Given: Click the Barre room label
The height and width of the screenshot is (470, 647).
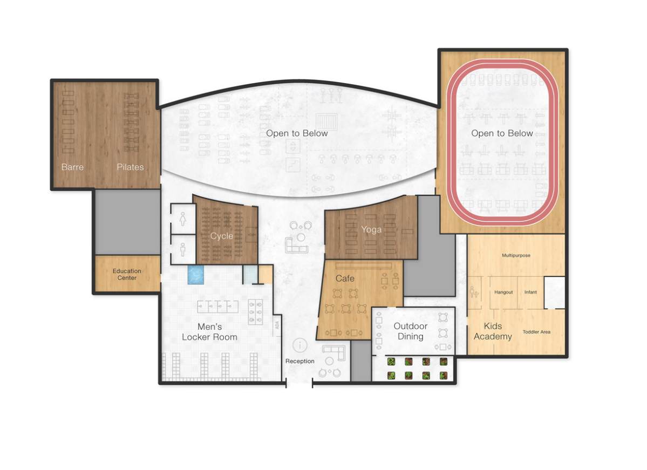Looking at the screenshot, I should click(x=72, y=167).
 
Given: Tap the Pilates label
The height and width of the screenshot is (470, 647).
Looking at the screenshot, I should click(x=130, y=167).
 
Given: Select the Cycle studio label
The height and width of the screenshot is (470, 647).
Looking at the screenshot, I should click(x=222, y=236).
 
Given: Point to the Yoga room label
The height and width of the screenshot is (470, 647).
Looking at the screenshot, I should click(x=371, y=230).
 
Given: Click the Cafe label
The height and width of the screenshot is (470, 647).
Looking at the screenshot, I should click(x=345, y=278).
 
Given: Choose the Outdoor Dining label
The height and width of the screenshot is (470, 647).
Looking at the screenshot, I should click(x=410, y=331).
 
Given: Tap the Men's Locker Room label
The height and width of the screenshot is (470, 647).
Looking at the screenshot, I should click(x=209, y=332).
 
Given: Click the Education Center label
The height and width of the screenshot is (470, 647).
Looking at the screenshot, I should click(x=127, y=275).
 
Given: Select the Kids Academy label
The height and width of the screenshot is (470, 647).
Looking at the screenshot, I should click(x=493, y=331).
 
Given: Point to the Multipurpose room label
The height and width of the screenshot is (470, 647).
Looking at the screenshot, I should click(x=516, y=255).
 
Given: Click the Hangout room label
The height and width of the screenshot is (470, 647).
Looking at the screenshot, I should click(x=503, y=292).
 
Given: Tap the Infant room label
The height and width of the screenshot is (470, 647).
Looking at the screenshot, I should click(x=530, y=292).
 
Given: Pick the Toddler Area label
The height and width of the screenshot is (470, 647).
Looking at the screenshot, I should click(x=536, y=332).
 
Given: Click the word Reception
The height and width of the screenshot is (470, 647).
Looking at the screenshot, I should click(x=300, y=361).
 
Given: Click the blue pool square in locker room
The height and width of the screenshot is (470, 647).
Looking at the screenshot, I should click(x=196, y=275).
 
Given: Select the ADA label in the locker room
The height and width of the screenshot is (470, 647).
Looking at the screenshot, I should click(x=277, y=325).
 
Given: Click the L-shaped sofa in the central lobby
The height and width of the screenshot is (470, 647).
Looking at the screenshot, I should click(x=296, y=245).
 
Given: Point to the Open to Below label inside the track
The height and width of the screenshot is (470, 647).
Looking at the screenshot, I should click(x=502, y=133).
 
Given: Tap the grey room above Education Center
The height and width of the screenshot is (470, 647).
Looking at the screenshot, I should click(x=128, y=221).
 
